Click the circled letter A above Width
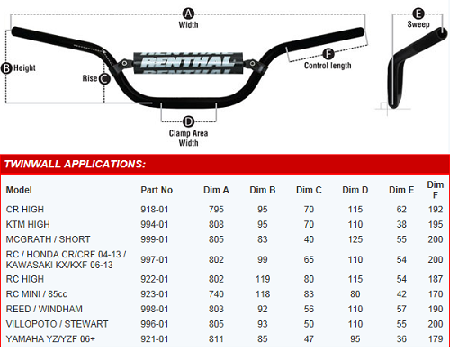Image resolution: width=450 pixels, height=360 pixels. (x=188, y=13)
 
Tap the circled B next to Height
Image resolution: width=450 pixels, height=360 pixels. (x=6, y=68)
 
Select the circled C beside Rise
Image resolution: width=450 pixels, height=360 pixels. (x=104, y=79)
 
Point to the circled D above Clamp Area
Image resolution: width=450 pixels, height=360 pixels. (x=188, y=121)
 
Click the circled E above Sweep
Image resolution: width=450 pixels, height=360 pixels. (x=418, y=13)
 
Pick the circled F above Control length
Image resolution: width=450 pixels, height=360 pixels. (x=328, y=54)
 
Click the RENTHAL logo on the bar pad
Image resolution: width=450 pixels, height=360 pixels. (x=188, y=62)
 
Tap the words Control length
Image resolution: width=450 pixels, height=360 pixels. (x=328, y=66)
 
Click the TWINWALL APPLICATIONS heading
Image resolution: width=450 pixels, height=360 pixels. (x=75, y=164)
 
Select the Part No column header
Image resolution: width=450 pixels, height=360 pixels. (x=157, y=190)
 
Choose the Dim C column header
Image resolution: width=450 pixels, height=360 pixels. (x=309, y=190)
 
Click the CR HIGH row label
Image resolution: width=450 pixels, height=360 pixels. (x=25, y=210)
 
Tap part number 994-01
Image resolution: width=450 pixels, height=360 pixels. (x=155, y=224)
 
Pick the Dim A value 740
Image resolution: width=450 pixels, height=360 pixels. (x=216, y=294)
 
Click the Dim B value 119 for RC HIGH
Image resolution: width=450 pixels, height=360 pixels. (x=263, y=279)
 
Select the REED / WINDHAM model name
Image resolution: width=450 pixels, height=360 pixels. (x=44, y=309)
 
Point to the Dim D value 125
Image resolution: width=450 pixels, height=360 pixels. (x=355, y=239)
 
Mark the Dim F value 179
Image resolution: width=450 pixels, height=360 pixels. (x=436, y=339)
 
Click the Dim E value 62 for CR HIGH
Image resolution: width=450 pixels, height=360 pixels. (x=401, y=210)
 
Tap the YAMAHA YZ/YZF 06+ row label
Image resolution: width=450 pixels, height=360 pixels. (x=50, y=339)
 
